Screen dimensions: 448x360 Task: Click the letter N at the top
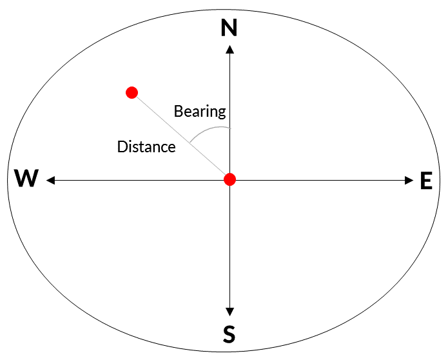(x=229, y=28)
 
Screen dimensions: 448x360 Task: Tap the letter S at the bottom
(x=229, y=334)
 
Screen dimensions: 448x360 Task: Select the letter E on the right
(x=426, y=181)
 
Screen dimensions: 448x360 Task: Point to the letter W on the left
(x=26, y=178)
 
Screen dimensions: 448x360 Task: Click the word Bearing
(x=200, y=112)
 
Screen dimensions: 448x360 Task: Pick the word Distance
(x=146, y=147)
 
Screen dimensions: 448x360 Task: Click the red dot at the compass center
(x=229, y=179)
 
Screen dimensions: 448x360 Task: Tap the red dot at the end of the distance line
(x=131, y=93)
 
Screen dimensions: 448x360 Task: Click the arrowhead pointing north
(x=229, y=49)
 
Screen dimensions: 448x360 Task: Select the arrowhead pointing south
(x=229, y=312)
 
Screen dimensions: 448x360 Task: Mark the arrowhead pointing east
(x=409, y=181)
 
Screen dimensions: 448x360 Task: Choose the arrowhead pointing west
(x=50, y=181)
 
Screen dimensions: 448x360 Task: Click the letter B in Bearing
(x=179, y=111)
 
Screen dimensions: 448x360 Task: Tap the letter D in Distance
(x=122, y=147)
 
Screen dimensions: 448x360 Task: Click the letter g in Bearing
(x=222, y=114)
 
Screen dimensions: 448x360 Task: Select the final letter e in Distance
(x=171, y=148)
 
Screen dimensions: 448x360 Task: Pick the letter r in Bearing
(x=203, y=113)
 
